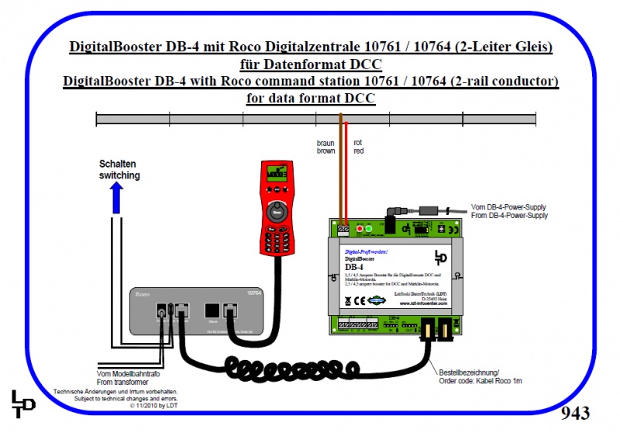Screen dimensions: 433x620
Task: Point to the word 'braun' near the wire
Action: pyautogui.click(x=325, y=143)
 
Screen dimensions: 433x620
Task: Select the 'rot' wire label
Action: pyautogui.click(x=358, y=143)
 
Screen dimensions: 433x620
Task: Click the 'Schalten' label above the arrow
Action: pyautogui.click(x=119, y=165)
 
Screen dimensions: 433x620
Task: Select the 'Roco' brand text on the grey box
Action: pyautogui.click(x=143, y=295)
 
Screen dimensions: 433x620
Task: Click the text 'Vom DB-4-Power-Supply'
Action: pyautogui.click(x=508, y=207)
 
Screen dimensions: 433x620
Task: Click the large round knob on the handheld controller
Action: pyautogui.click(x=276, y=210)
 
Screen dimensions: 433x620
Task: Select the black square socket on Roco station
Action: pyautogui.click(x=210, y=311)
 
